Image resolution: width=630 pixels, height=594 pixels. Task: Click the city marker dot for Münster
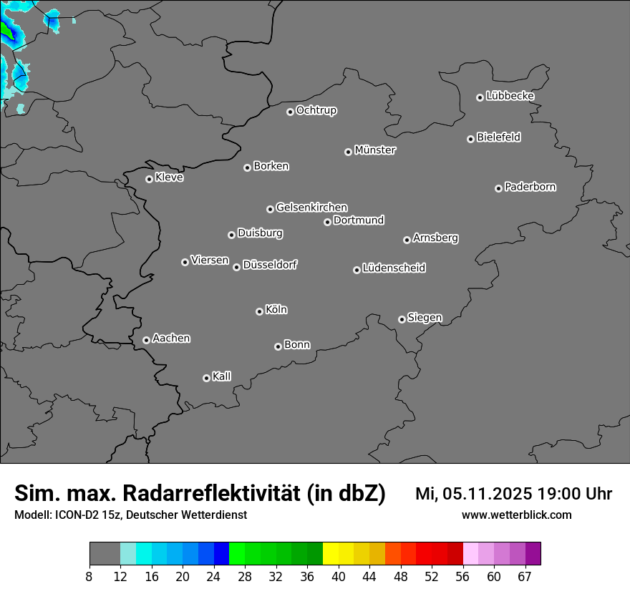[x=348, y=152]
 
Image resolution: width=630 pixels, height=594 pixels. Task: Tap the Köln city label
[x=276, y=310]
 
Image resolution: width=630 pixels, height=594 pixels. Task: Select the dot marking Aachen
[x=146, y=340]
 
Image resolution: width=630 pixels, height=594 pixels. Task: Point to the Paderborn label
[x=530, y=187]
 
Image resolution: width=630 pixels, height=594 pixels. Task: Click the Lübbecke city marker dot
[x=480, y=97]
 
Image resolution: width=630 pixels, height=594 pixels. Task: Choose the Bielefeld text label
[x=499, y=137]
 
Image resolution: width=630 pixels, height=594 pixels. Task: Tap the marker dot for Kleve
[x=149, y=179]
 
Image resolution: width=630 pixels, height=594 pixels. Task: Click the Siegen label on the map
[x=425, y=318]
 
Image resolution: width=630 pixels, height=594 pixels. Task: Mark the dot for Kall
[x=206, y=378]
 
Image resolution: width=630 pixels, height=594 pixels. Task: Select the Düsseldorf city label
[x=270, y=265]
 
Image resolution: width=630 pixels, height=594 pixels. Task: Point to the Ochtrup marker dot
[x=290, y=112]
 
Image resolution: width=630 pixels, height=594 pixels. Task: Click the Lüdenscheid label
[x=394, y=268]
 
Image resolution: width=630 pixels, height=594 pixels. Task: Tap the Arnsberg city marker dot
[x=407, y=240]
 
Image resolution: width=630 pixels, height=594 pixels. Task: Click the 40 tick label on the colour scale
[x=339, y=576]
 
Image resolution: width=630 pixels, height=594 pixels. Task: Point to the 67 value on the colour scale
[x=525, y=576]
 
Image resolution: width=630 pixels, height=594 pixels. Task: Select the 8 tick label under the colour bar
[x=89, y=576]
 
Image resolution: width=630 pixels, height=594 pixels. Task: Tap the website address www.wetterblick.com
[x=517, y=515]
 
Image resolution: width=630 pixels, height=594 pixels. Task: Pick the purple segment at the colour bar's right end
[x=533, y=553]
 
